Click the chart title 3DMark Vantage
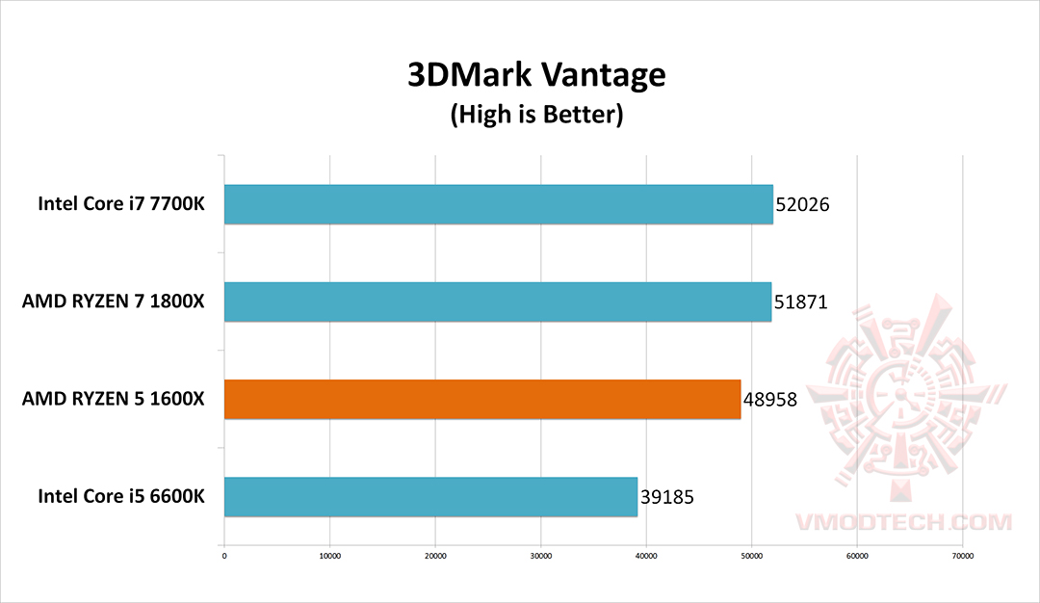[536, 76]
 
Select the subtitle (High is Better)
[536, 116]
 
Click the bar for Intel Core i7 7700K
[498, 204]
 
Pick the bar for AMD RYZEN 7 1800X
[498, 301]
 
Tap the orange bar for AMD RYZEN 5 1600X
[482, 399]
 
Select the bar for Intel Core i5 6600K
[430, 497]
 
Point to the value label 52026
[801, 205]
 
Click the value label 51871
[800, 302]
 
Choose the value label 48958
[769, 400]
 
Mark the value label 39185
[666, 498]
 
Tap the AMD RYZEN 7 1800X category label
[114, 301]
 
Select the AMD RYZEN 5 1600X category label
[114, 399]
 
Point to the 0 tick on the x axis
[224, 555]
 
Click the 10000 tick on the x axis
[329, 555]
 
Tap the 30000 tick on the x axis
[540, 555]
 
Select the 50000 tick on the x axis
[751, 555]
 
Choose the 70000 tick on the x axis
[962, 555]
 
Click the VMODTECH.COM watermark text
[904, 522]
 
